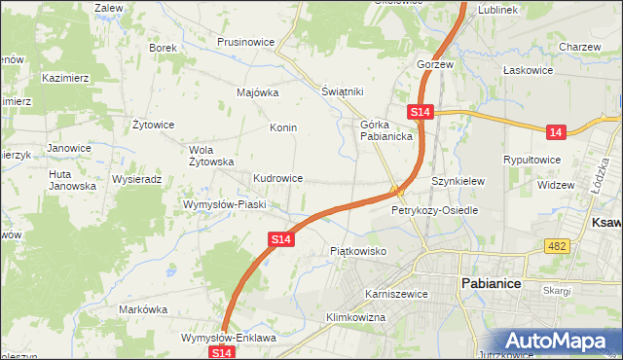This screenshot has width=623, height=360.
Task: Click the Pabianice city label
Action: tap(491, 282)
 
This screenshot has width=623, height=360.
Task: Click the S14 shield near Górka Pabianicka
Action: tap(420, 113)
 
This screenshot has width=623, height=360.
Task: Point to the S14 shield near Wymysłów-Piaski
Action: tap(280, 238)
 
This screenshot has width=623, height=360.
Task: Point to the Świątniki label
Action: tap(343, 91)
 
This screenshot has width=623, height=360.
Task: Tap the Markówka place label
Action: tap(142, 309)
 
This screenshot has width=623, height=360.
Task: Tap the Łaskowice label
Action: tap(528, 70)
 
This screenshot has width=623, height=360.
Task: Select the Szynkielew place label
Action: tap(458, 181)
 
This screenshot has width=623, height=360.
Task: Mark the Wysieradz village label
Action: tap(136, 180)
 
